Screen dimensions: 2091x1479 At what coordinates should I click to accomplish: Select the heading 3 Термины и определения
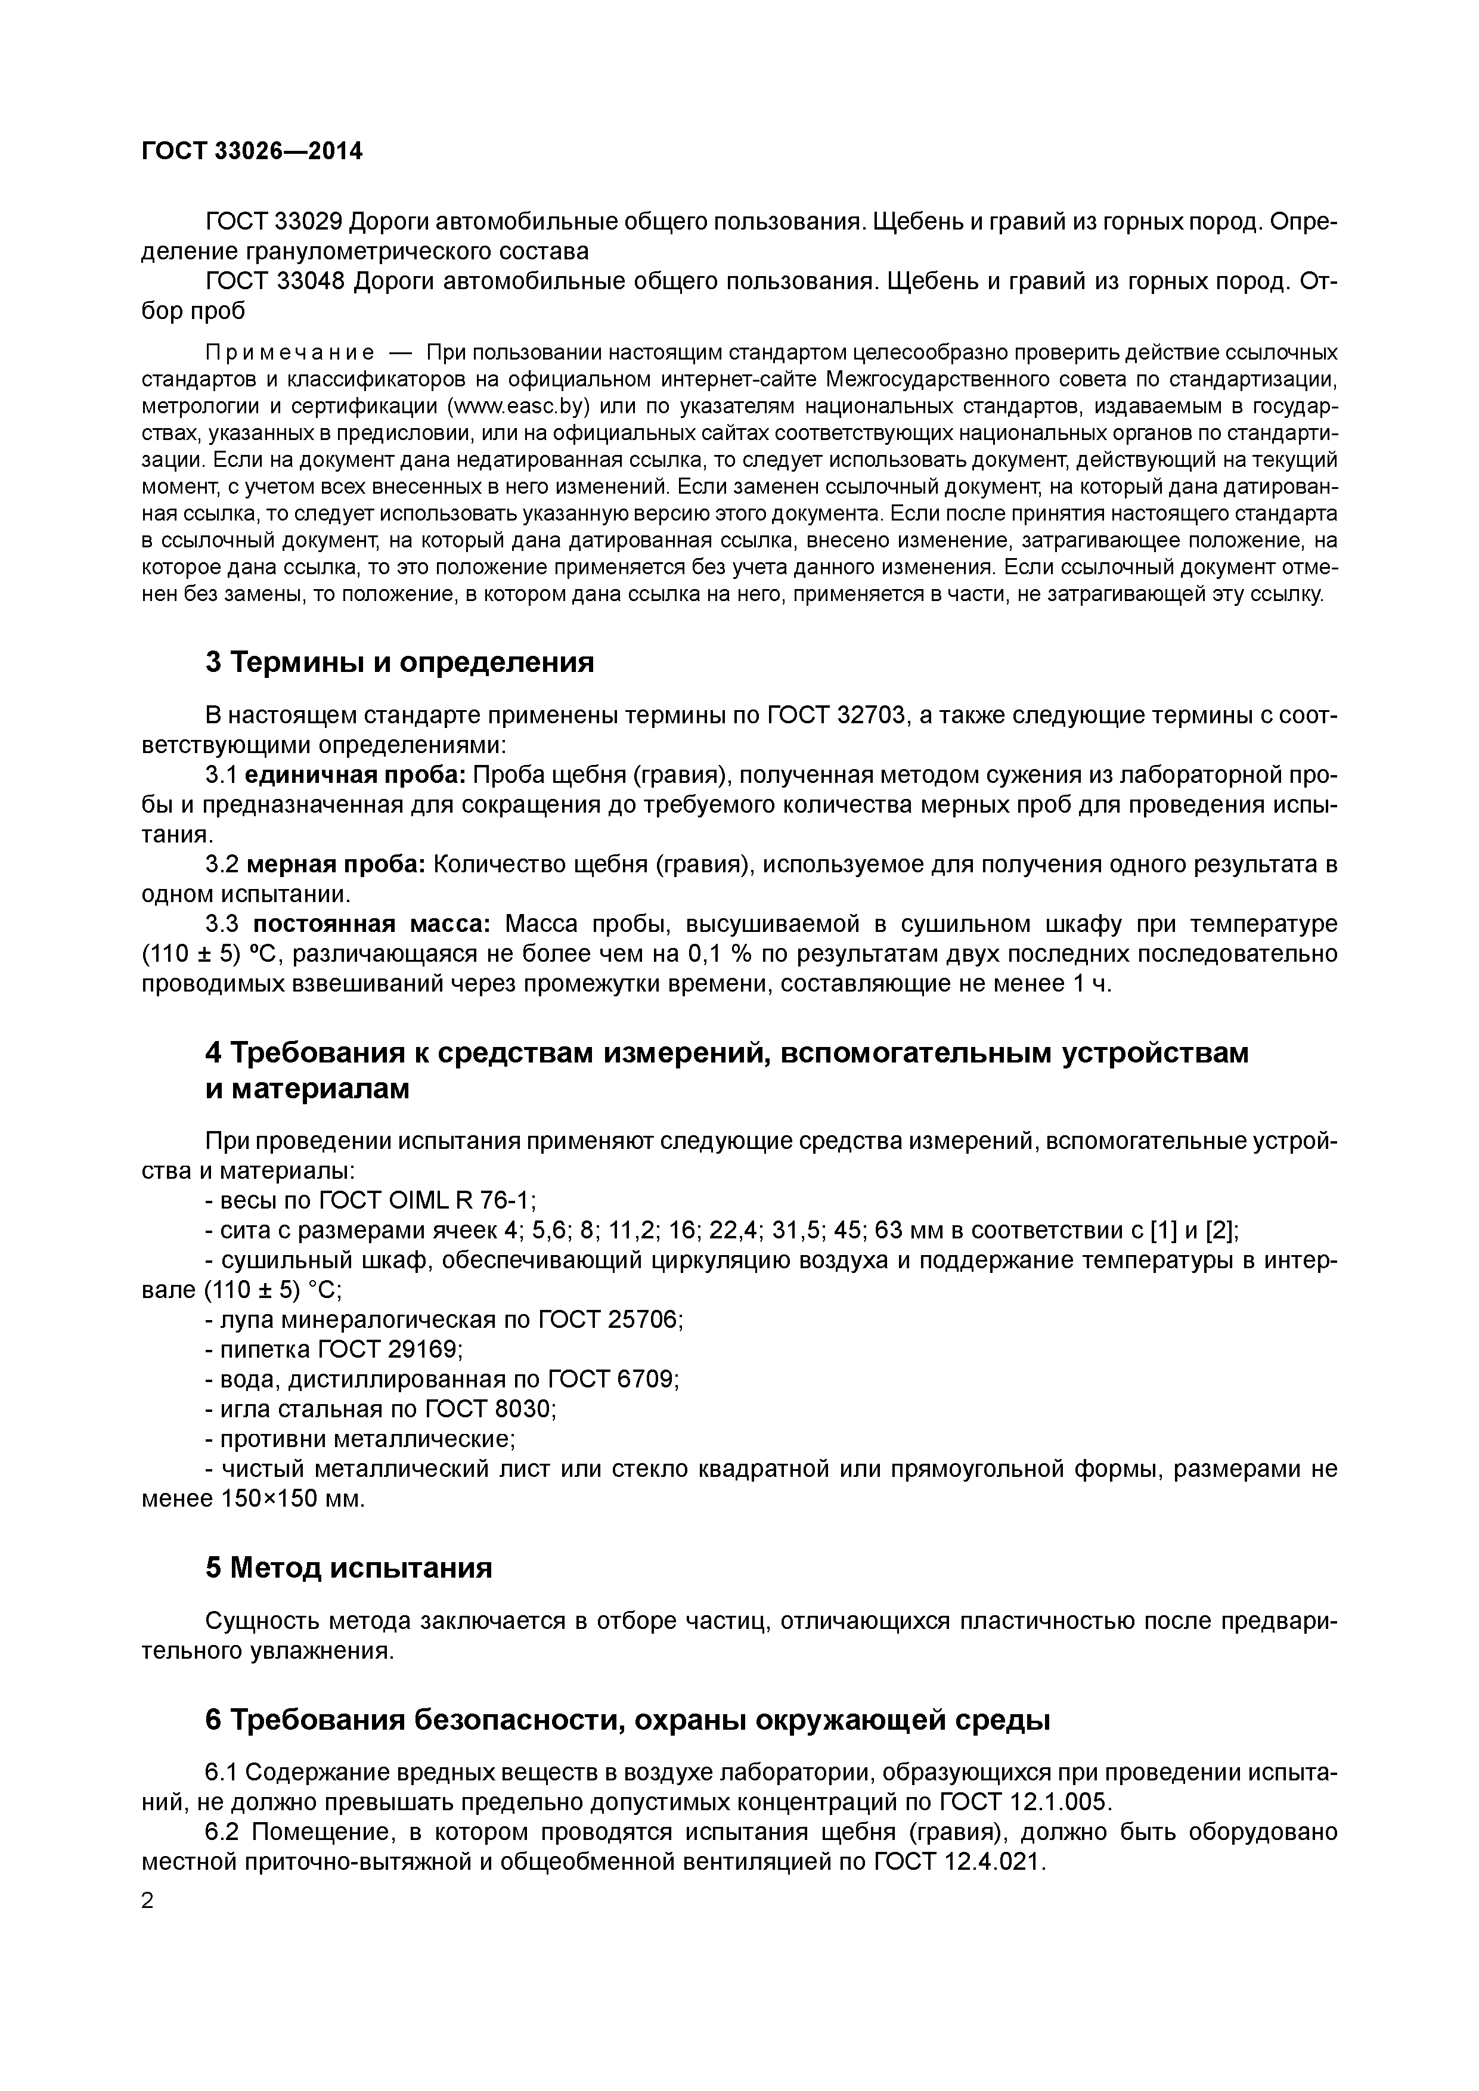[400, 662]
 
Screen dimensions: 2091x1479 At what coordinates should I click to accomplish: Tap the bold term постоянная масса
[371, 924]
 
